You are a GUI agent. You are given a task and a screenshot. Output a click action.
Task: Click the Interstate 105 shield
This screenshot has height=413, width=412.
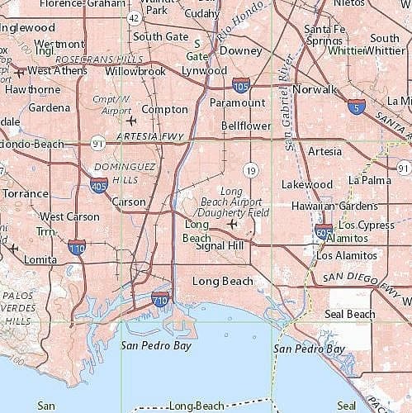pos(241,83)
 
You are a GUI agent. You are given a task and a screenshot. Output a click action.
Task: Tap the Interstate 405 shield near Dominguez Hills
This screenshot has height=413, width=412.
pos(99,185)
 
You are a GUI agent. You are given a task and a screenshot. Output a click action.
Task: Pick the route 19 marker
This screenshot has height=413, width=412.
pos(249,169)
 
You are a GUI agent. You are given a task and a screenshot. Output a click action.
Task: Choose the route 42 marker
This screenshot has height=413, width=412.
pos(134,17)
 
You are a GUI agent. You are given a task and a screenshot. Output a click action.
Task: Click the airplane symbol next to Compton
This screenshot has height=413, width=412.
pos(130,122)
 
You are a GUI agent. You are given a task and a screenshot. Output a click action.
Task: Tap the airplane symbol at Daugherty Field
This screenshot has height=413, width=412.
pos(232,224)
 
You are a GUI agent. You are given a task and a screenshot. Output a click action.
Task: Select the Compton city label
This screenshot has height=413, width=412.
pos(165,109)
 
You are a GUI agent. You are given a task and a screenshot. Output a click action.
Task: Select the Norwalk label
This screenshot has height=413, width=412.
pos(314,89)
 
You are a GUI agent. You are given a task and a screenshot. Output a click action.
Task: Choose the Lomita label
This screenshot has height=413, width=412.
pos(42,259)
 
